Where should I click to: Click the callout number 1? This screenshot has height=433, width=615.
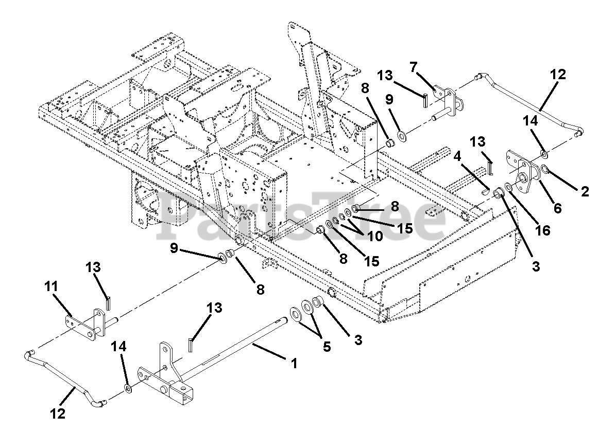click(x=294, y=363)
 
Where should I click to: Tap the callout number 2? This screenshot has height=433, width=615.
click(x=585, y=191)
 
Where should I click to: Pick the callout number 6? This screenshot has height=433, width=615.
click(x=557, y=208)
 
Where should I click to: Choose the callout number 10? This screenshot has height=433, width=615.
click(x=375, y=236)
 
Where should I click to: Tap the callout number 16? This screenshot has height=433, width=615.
click(x=543, y=230)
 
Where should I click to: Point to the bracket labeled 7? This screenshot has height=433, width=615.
click(x=447, y=102)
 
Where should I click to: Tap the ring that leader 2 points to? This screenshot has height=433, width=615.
click(x=545, y=169)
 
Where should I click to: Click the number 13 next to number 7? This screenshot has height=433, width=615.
click(x=386, y=76)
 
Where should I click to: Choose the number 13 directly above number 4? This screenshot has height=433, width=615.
click(x=477, y=142)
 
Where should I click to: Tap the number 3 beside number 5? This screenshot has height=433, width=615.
click(x=357, y=340)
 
